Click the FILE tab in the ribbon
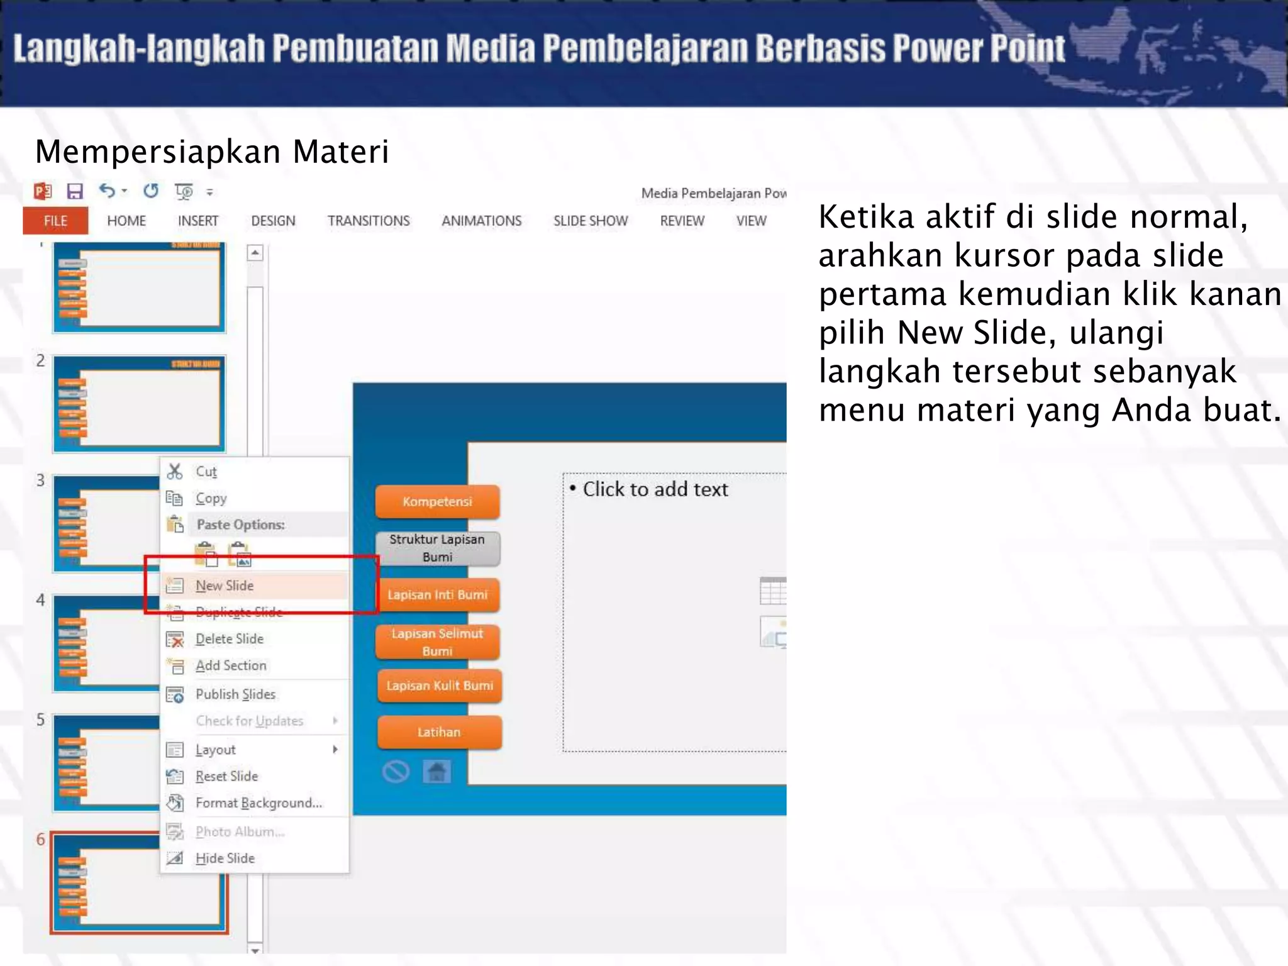(x=55, y=221)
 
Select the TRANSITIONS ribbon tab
(x=369, y=221)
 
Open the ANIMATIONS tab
(x=481, y=221)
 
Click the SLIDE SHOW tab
(x=591, y=221)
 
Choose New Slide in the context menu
(x=225, y=586)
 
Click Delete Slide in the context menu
(x=230, y=639)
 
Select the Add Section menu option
(x=231, y=665)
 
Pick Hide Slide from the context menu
(x=225, y=858)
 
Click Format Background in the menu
(x=258, y=803)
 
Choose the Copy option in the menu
(x=211, y=498)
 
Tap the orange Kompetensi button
(x=438, y=502)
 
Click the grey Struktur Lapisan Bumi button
(x=438, y=548)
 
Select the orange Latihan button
(x=439, y=732)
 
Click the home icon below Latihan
(x=437, y=771)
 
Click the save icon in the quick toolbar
(x=75, y=191)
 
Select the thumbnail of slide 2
(x=139, y=403)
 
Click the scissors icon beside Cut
(x=175, y=472)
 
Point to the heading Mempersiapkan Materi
(x=212, y=152)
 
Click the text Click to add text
(x=655, y=489)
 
